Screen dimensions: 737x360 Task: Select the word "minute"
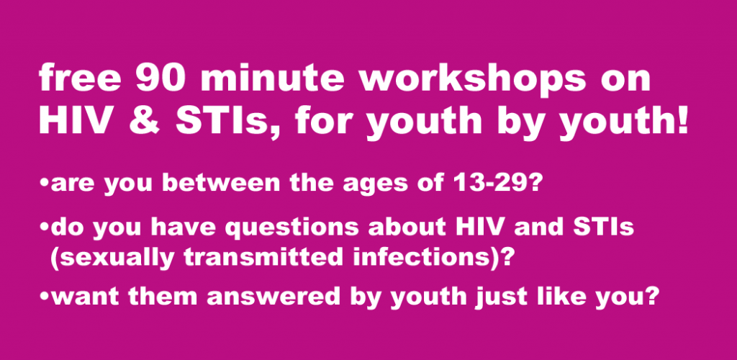273,78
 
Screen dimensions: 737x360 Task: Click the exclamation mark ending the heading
681,121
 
